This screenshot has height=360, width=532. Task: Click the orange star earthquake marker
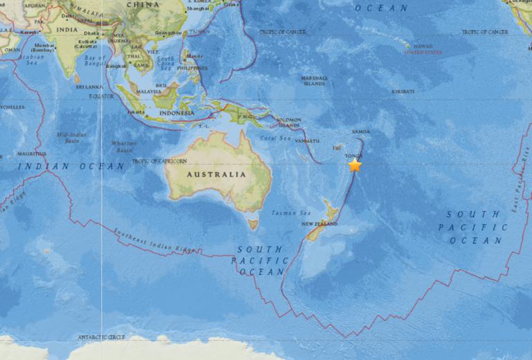pyautogui.click(x=355, y=165)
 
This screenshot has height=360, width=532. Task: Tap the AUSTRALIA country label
pyautogui.click(x=216, y=174)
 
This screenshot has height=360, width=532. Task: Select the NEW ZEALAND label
pyautogui.click(x=319, y=225)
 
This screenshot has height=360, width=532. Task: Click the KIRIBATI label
pyautogui.click(x=402, y=91)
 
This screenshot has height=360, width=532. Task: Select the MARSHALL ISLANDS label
pyautogui.click(x=314, y=81)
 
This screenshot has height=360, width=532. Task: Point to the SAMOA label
pyautogui.click(x=361, y=132)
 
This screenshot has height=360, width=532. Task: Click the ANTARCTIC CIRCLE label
pyautogui.click(x=103, y=337)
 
